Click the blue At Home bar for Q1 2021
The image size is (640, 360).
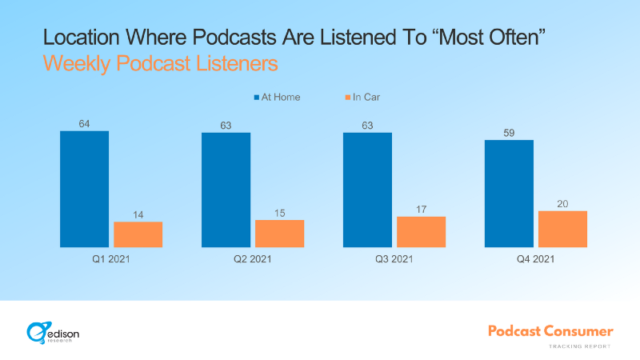(x=84, y=189)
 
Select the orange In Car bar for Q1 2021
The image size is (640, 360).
(x=138, y=234)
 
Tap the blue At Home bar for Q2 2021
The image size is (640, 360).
(x=226, y=190)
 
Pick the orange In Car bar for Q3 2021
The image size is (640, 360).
(x=421, y=232)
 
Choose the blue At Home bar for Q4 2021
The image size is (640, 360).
(x=509, y=194)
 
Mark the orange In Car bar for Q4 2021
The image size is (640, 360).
(x=562, y=229)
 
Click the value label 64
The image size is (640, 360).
(x=84, y=123)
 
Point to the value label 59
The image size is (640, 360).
(x=509, y=132)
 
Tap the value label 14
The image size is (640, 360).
(x=138, y=214)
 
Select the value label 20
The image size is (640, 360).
(x=562, y=203)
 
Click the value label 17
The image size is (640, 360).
(x=421, y=209)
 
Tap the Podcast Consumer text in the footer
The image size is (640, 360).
(x=551, y=330)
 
